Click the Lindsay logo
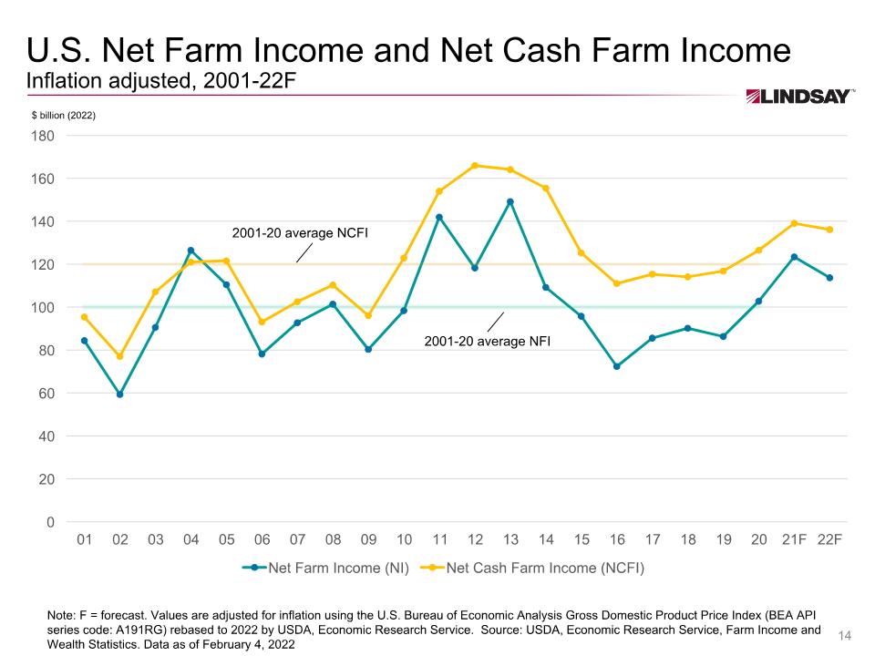799,97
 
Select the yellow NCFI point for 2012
475,166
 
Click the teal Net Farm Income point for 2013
510,201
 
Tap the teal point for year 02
119,395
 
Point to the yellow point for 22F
829,230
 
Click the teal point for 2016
617,366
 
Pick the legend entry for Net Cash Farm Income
532,569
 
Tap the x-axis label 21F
794,539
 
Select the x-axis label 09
368,539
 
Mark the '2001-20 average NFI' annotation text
489,342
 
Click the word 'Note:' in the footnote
63,617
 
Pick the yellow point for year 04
190,262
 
